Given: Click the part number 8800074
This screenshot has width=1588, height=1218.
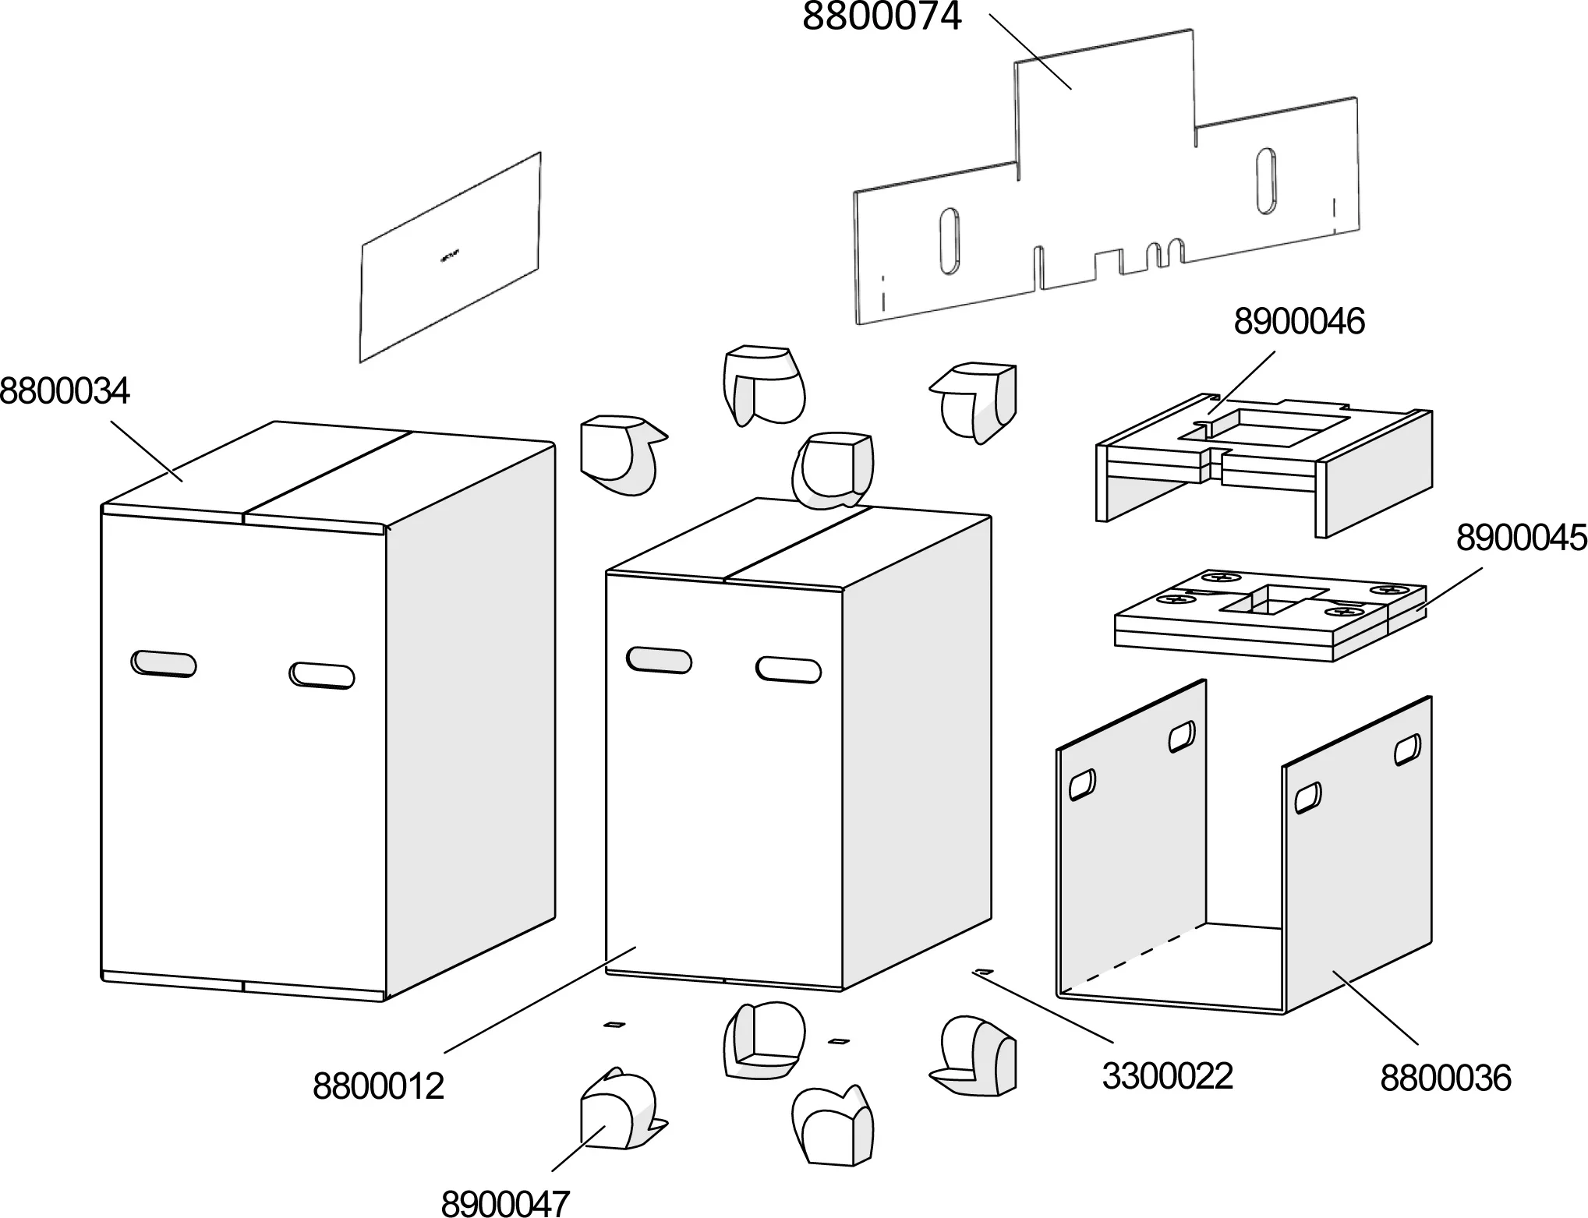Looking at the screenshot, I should coord(882,17).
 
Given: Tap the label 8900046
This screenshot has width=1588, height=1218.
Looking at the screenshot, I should coord(1299,322).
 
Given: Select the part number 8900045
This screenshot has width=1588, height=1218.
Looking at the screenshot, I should coord(1521,538).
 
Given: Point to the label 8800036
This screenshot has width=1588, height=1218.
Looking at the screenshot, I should coord(1445,1079).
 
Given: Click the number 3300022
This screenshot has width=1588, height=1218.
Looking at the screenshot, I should coord(1167,1076).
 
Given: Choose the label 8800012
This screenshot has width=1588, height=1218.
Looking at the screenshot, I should coord(378,1086).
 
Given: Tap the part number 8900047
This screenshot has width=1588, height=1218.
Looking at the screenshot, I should coord(505,1203).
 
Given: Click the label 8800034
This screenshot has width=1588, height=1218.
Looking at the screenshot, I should coord(64,390).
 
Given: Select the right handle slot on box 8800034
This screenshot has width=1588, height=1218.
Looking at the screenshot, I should coord(322,675).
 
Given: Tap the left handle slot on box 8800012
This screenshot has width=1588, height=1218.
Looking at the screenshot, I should coord(659,659).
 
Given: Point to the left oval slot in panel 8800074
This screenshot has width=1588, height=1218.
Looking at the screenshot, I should coord(950,241).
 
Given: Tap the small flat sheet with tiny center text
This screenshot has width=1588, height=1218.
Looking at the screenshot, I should coord(450,257).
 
